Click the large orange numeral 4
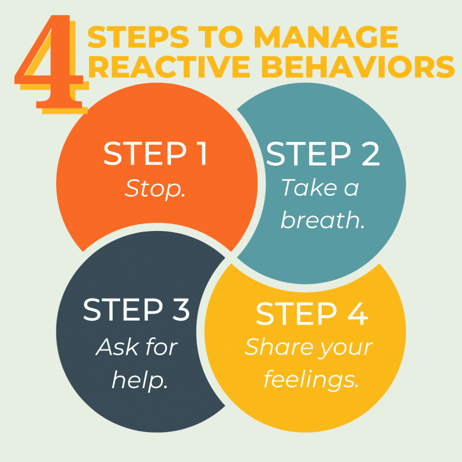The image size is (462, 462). pyautogui.click(x=49, y=64)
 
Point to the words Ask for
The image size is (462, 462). pyautogui.click(x=137, y=347)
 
